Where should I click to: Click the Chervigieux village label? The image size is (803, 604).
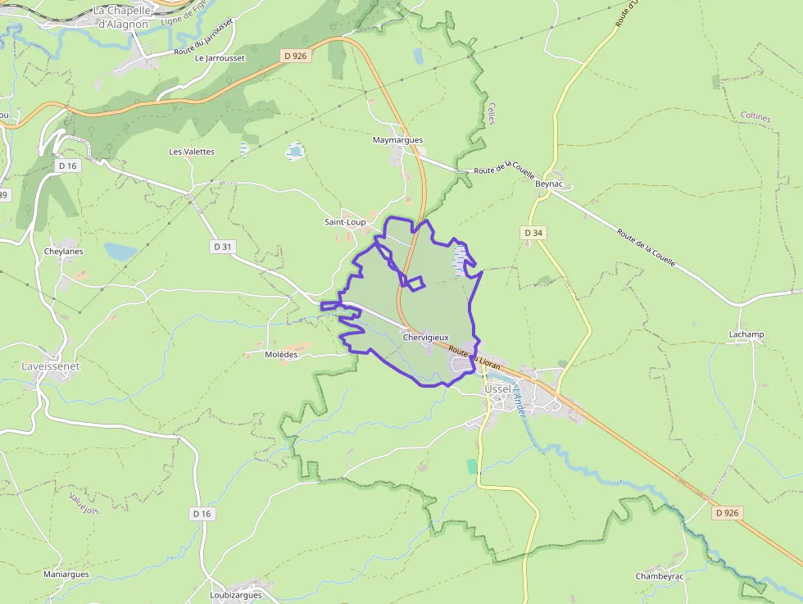425,338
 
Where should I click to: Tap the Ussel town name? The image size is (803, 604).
497,388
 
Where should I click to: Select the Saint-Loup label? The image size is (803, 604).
345,222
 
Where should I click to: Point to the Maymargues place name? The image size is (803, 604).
397,140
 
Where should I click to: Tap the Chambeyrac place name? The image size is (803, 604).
660,576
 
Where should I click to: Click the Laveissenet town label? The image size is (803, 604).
50,366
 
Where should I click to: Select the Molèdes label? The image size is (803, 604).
281,355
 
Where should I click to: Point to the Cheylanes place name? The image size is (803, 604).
64,251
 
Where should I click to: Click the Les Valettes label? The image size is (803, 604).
192,152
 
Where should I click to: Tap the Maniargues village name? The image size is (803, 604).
66,574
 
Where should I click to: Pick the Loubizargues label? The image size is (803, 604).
235,595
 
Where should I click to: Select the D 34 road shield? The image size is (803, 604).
533,234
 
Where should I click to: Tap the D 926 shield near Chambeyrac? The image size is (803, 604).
727,513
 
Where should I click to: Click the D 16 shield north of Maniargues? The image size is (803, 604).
201,513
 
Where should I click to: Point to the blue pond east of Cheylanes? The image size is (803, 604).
121,252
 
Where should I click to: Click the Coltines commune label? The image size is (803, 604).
755,117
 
